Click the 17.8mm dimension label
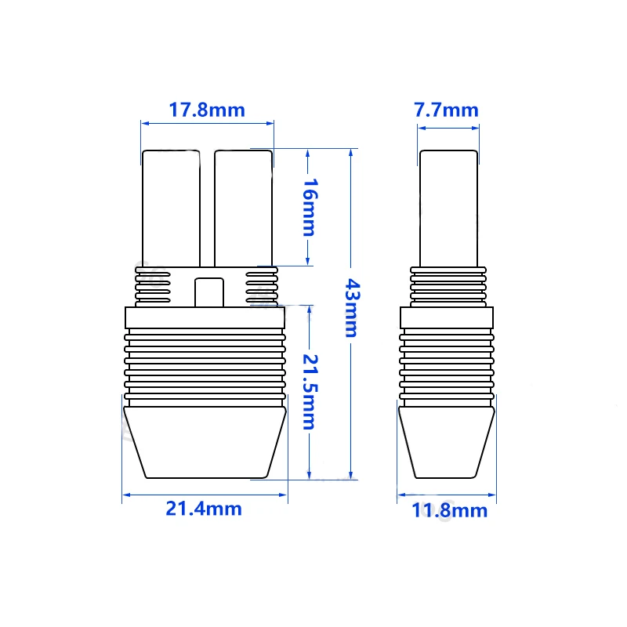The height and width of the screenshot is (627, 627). click(207, 110)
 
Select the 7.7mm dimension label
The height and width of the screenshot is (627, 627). click(446, 110)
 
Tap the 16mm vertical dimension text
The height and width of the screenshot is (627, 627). click(310, 207)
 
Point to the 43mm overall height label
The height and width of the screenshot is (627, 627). click(352, 308)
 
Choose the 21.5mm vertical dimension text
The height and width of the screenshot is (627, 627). click(310, 392)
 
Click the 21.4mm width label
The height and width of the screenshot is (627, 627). click(204, 509)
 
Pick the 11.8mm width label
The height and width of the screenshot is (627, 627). click(449, 510)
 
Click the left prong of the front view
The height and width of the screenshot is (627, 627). click(171, 208)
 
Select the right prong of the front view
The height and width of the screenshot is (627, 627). click(243, 208)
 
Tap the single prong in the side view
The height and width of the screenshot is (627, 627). click(448, 208)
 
